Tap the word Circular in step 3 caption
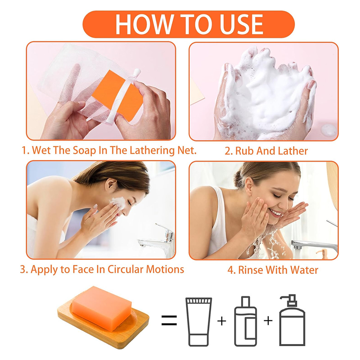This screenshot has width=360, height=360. (126, 269)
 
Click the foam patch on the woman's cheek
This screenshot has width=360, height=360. (118, 203)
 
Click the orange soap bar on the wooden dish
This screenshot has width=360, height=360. (102, 308)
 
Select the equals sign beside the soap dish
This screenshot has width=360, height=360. (169, 320)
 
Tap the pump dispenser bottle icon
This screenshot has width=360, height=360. (292, 320)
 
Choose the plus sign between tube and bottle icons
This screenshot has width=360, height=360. (222, 321)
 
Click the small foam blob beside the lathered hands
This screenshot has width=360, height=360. (329, 130)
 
